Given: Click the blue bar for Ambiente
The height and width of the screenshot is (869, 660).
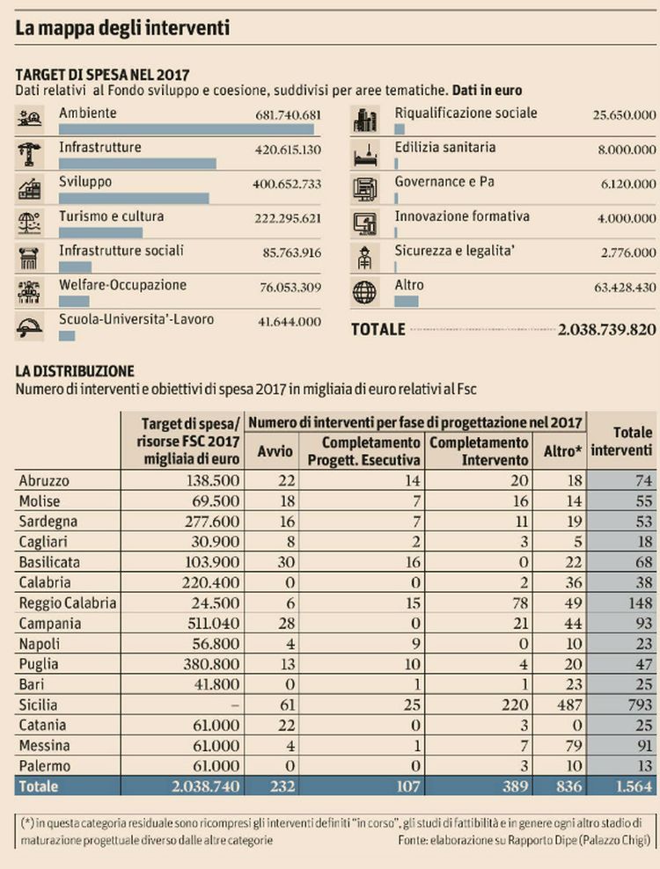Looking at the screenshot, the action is [x=187, y=129].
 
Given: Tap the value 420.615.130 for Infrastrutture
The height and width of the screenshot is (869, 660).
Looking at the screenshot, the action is [x=288, y=150].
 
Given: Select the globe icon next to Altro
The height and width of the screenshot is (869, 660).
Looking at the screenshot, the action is [x=364, y=292].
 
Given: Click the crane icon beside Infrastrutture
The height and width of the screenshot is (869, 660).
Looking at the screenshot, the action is [x=29, y=155].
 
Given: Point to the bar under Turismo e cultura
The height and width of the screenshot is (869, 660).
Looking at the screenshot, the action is [x=100, y=233].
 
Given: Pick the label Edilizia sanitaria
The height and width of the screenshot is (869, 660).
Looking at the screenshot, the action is [x=444, y=148].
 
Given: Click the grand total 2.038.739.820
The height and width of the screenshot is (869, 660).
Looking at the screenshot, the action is [x=606, y=329].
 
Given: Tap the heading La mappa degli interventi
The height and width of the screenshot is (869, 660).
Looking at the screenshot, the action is [x=122, y=28].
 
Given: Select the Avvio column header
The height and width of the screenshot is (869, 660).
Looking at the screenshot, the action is [x=275, y=451].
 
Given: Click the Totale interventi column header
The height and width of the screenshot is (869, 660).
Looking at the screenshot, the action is [x=622, y=442].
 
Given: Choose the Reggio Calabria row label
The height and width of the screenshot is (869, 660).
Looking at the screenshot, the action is [x=68, y=603].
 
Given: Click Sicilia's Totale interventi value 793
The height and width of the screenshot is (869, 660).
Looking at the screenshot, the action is [x=640, y=705].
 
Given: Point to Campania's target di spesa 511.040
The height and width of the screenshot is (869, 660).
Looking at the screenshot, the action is [x=214, y=624].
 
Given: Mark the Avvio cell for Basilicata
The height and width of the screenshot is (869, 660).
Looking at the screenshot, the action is [x=286, y=562].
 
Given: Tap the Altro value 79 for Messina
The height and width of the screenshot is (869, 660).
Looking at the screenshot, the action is [x=574, y=746].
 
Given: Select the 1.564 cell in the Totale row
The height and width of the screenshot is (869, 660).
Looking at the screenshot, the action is [x=634, y=786].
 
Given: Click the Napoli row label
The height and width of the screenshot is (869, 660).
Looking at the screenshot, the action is [x=40, y=644].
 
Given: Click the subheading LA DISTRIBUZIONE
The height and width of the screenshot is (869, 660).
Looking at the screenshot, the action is [x=75, y=371].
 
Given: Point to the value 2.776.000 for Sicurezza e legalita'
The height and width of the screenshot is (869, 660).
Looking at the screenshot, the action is [x=628, y=252].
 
